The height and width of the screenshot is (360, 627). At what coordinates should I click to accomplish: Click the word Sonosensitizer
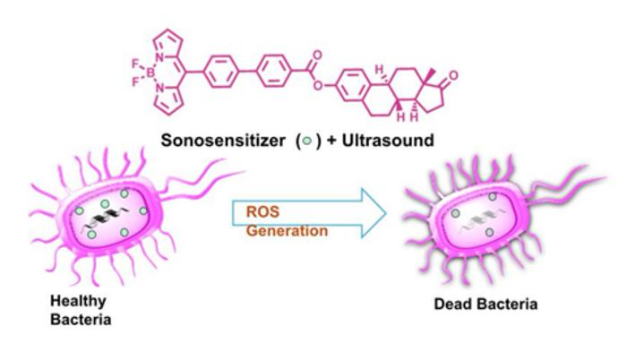223,141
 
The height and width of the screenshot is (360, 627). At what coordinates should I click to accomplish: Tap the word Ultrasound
388,141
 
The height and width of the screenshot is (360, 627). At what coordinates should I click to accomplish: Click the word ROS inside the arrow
262,211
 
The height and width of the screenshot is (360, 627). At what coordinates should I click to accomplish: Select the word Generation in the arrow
287,231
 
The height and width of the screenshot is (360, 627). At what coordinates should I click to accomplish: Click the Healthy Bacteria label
81,311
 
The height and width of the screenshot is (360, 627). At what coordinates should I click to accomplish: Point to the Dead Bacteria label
485,304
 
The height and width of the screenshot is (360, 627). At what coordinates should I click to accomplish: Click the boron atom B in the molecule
150,73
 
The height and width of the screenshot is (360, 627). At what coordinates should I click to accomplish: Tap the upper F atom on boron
135,64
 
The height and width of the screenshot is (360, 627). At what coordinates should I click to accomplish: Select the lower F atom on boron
135,82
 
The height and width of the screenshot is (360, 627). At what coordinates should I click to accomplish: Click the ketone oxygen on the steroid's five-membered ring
453,75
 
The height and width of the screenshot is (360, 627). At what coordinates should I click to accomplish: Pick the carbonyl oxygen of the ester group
317,56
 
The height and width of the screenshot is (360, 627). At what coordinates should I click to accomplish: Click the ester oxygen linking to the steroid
317,85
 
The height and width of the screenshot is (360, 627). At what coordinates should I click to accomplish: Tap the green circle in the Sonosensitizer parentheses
307,141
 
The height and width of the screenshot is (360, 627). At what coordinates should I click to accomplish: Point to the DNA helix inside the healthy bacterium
105,219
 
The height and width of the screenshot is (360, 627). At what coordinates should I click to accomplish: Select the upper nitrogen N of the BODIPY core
159,57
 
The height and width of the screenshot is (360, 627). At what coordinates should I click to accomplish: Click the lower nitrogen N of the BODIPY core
159,88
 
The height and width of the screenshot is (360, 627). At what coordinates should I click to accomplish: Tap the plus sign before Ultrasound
331,141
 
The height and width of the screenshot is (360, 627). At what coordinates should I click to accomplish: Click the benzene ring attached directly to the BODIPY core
221,72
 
